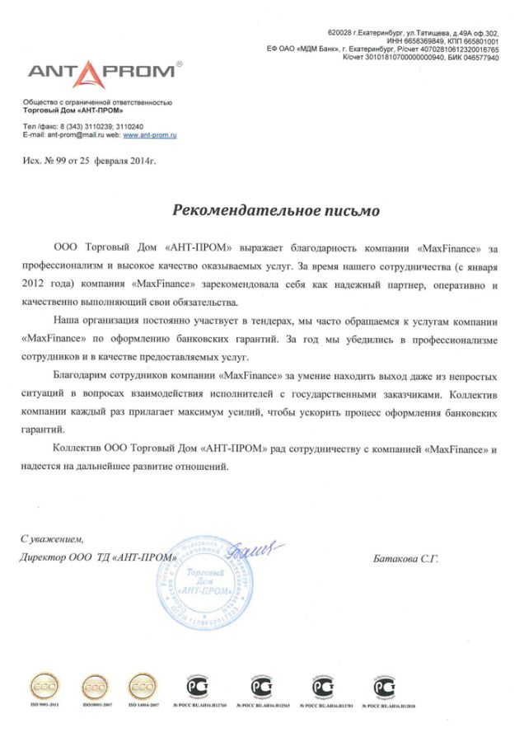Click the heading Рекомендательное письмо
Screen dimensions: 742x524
(276, 210)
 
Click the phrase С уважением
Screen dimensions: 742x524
(52, 538)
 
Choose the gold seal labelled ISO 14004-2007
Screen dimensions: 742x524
(143, 686)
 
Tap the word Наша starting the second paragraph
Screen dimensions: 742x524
(67, 318)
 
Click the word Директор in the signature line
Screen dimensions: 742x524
(44, 558)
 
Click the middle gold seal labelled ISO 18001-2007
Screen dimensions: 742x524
(93, 686)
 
